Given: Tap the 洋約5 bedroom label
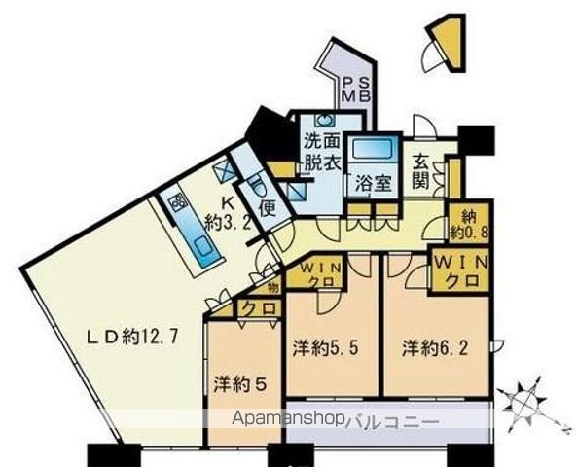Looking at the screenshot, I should click(x=240, y=383).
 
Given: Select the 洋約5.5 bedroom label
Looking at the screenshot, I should click(x=328, y=346).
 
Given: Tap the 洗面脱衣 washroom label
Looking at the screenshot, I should click(x=322, y=152).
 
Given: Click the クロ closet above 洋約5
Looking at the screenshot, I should click(x=259, y=309).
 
